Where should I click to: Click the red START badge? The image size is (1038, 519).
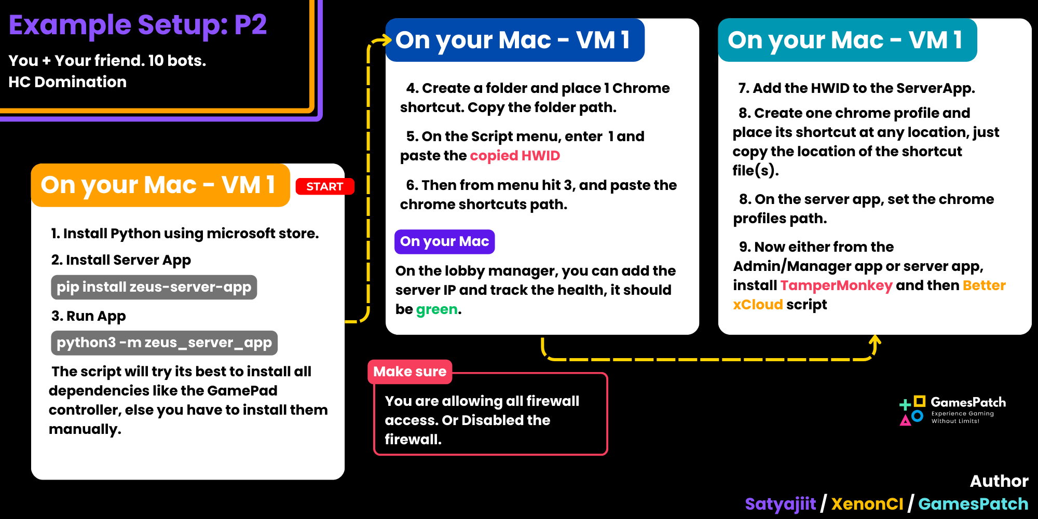click(x=325, y=186)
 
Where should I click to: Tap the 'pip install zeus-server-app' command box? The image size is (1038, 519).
click(x=154, y=287)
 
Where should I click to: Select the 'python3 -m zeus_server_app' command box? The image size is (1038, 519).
click(x=164, y=343)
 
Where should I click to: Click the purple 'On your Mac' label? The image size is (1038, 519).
click(x=444, y=241)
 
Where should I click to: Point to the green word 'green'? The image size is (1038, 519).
click(x=437, y=309)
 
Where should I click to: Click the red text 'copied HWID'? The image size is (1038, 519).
click(x=515, y=156)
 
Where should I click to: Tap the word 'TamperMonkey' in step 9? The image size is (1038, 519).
click(x=836, y=285)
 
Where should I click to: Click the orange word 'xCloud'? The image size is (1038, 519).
click(x=758, y=305)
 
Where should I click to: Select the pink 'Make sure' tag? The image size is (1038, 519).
click(x=409, y=372)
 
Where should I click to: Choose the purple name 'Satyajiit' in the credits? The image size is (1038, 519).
click(x=780, y=504)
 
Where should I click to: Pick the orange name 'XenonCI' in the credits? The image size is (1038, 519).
click(x=867, y=504)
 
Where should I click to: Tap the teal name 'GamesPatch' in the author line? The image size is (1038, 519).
click(x=973, y=504)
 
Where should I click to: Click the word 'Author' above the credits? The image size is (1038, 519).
click(x=999, y=481)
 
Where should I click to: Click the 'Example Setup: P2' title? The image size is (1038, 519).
click(x=138, y=25)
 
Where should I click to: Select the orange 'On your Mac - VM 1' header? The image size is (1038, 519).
click(x=160, y=185)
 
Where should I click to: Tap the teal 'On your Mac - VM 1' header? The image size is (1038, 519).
click(x=848, y=40)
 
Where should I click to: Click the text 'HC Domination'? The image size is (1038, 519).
click(x=67, y=82)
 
